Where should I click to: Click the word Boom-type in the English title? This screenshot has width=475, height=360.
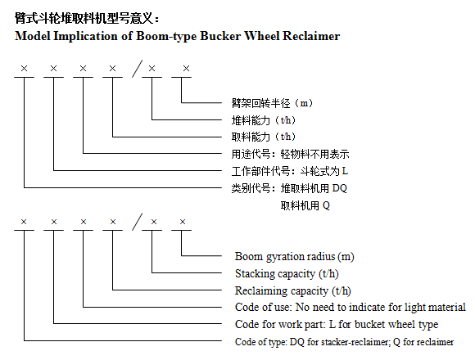click(x=166, y=36)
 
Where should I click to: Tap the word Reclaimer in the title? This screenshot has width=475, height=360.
click(x=311, y=36)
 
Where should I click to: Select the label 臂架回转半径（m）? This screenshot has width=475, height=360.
click(x=272, y=103)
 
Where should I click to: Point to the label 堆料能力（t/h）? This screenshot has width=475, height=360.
click(x=263, y=120)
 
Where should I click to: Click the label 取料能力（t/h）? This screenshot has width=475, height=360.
click(x=263, y=137)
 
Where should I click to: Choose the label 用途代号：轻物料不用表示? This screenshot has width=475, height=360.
click(x=290, y=154)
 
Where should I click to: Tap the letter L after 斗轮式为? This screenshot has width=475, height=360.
click(x=345, y=171)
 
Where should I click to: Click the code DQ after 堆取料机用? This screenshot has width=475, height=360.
click(x=340, y=188)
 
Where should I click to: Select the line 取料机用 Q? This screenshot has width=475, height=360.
click(x=305, y=205)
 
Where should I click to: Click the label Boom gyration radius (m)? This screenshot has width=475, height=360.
click(x=295, y=257)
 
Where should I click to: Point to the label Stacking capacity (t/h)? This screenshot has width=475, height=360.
click(x=287, y=274)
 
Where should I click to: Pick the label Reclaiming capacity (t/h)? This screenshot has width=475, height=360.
click(x=293, y=290)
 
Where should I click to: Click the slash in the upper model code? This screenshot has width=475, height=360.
click(x=138, y=69)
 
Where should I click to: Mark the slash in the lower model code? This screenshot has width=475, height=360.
click(x=138, y=222)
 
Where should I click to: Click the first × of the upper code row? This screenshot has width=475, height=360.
click(x=24, y=69)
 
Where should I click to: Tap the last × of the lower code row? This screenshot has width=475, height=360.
click(x=183, y=222)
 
